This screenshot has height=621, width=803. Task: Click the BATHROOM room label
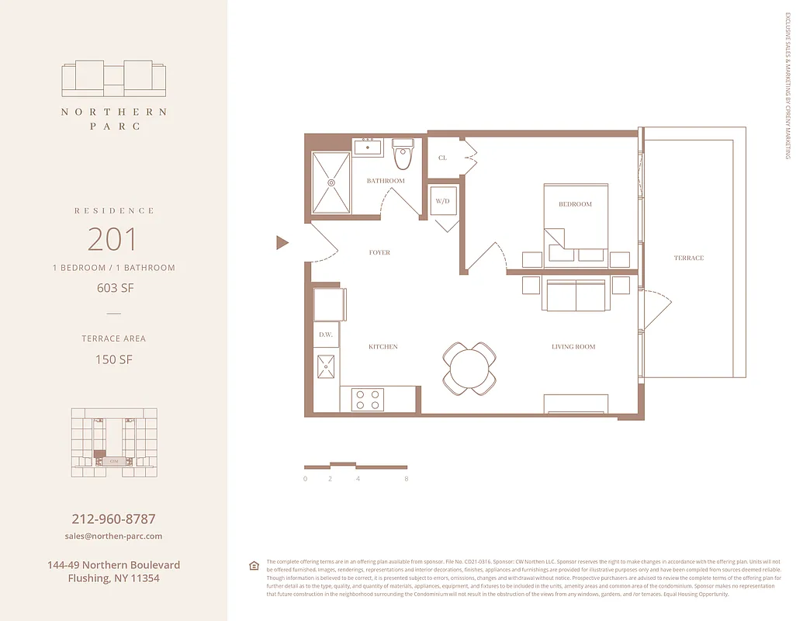click(386, 181)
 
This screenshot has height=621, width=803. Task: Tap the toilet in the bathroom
click(403, 154)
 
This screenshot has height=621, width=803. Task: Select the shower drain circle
click(331, 183)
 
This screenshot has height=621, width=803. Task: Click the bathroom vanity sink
click(367, 146)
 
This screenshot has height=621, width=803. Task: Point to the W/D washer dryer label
click(443, 201)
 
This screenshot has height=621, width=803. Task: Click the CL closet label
click(442, 158)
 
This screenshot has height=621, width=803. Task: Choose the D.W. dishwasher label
click(325, 335)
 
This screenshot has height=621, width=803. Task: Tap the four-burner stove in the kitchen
click(368, 399)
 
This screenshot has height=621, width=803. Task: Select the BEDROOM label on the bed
click(575, 204)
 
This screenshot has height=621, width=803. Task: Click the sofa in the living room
click(576, 296)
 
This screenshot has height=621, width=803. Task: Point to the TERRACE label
click(688, 258)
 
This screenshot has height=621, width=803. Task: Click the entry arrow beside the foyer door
click(282, 243)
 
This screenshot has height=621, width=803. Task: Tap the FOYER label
click(379, 252)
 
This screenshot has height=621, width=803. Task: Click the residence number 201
click(113, 239)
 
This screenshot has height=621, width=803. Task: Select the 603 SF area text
click(113, 288)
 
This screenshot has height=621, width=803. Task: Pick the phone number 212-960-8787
click(113, 519)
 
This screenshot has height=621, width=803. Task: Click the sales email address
click(113, 536)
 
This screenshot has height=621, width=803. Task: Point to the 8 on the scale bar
click(407, 479)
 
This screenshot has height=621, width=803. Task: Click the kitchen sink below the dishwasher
click(326, 365)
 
